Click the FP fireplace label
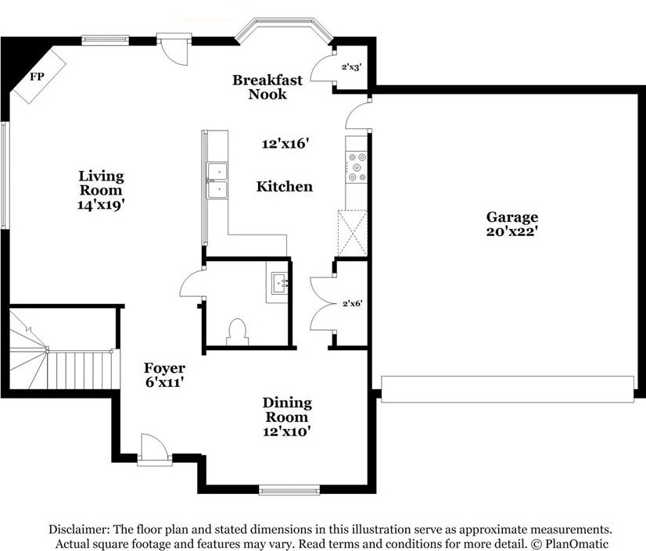37,76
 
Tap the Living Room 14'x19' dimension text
101,205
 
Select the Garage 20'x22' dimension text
512,231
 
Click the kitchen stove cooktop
357,167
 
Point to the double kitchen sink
217,181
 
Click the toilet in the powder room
237,332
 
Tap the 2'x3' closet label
351,66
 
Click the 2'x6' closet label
352,304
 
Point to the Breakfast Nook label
267,87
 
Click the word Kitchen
284,187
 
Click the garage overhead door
508,388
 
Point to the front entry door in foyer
154,449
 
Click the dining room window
289,490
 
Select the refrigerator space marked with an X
352,233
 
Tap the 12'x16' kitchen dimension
285,144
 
